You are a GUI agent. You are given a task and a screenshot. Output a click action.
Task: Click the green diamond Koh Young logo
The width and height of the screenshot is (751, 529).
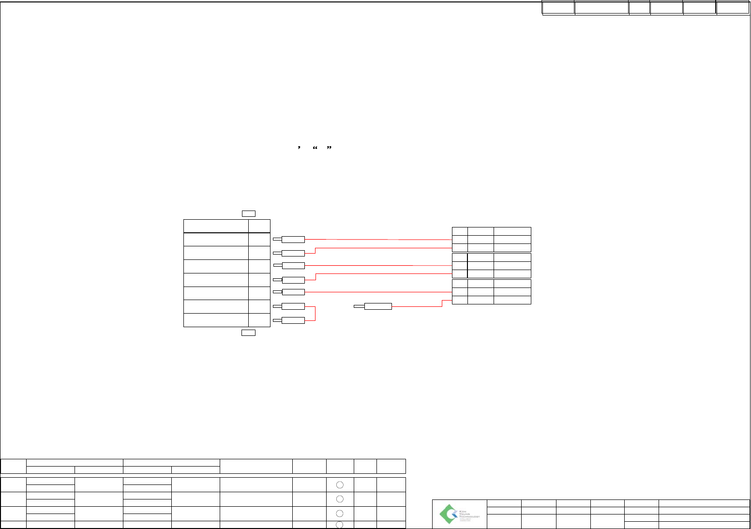point(448,514)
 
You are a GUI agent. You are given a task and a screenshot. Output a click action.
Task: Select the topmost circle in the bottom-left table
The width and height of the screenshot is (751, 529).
point(340,484)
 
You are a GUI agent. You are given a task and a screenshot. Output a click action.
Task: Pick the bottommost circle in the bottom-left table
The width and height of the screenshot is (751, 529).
point(340,525)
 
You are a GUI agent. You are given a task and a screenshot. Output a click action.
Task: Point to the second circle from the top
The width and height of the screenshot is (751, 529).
point(340,499)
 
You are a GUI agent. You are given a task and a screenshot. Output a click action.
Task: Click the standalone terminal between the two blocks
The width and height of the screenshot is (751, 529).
point(377,306)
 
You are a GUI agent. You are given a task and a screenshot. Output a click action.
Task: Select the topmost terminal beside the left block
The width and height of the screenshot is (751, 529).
point(293,239)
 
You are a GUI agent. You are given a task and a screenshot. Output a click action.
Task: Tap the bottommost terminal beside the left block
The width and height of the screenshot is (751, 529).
point(293,320)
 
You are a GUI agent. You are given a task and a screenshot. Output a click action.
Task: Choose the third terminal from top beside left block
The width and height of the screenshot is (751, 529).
point(293,266)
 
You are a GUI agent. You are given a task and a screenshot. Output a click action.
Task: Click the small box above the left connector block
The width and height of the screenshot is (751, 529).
point(248,213)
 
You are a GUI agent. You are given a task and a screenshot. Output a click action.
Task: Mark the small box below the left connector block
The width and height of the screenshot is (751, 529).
point(248,333)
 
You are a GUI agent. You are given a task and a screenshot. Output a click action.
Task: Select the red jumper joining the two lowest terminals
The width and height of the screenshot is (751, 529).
point(315,314)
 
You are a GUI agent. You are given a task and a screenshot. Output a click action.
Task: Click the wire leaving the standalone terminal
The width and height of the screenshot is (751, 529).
point(416,306)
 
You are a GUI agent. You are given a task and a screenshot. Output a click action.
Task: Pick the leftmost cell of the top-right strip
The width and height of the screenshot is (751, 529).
point(558,8)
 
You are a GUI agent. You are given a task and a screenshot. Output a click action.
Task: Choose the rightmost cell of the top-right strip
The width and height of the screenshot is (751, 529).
point(732,8)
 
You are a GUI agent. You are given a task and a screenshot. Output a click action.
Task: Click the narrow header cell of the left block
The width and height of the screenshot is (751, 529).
point(259,226)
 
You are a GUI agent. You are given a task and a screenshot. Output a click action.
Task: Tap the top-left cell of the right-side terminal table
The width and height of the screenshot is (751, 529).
point(460,231)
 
